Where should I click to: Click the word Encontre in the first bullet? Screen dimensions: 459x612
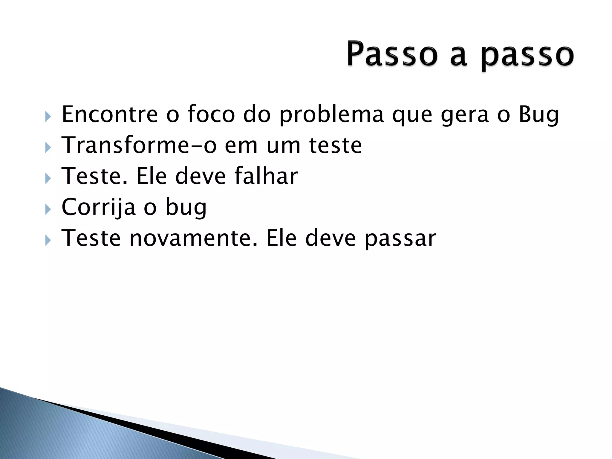(109, 114)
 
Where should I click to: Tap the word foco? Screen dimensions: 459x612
(211, 114)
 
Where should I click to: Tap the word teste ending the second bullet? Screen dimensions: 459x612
(335, 146)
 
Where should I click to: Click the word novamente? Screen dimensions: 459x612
(193, 238)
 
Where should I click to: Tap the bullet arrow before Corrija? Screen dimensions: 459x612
(48, 209)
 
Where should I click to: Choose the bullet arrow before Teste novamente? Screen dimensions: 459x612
(48, 240)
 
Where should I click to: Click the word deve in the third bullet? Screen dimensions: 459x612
(200, 176)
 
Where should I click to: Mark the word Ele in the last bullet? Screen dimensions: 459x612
(281, 238)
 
